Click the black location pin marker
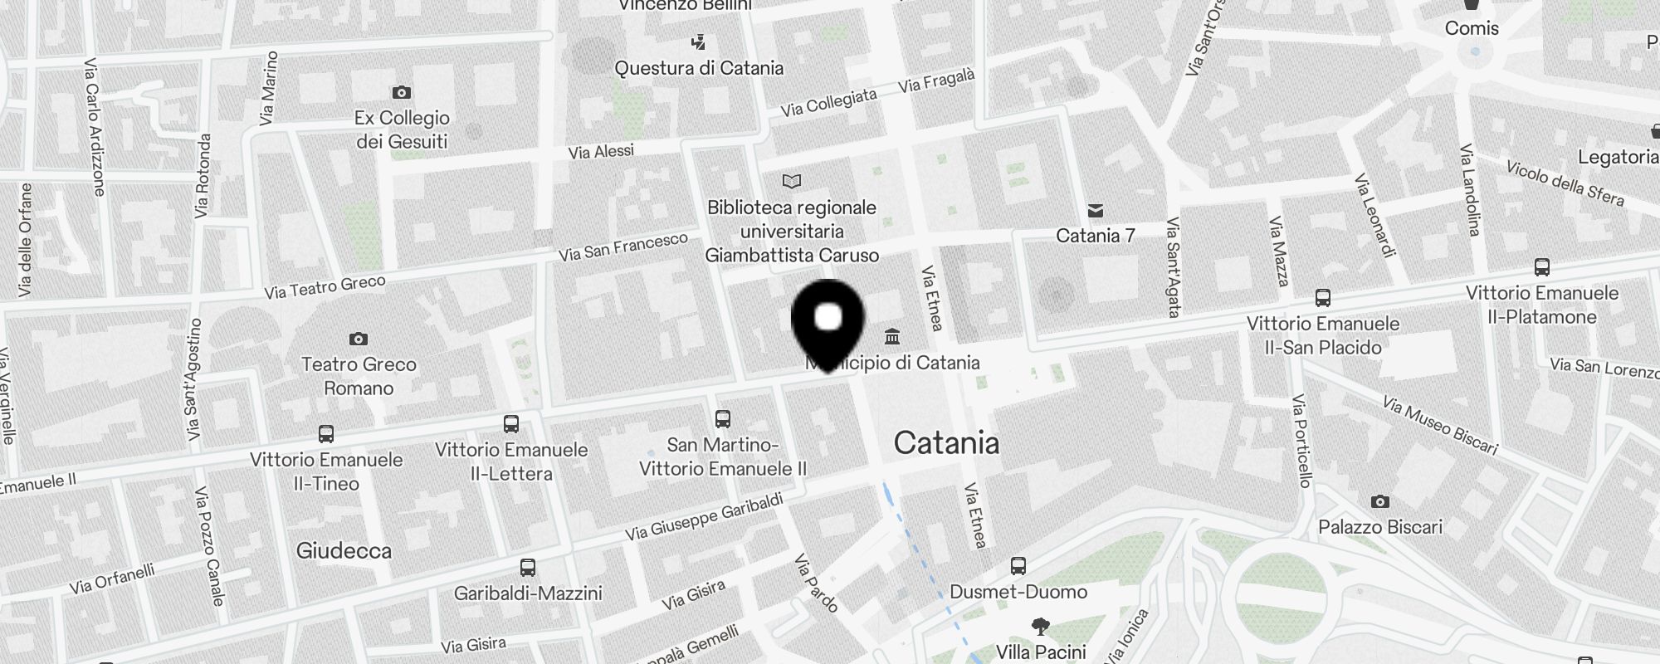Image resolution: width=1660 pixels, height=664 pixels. pos(828,324)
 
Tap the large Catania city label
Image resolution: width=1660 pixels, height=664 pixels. pos(946,443)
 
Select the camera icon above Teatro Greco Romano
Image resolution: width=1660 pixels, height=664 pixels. pos(359,339)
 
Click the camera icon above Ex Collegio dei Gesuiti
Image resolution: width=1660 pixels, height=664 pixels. pos(402,92)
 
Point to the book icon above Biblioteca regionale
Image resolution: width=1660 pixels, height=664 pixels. pos(792,181)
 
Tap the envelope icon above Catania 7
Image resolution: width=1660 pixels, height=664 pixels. pos(1096,211)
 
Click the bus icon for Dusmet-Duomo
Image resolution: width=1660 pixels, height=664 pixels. pos(1018,566)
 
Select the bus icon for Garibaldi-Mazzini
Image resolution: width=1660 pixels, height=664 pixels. pos(528,568)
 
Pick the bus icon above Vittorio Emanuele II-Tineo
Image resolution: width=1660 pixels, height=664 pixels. pos(326,433)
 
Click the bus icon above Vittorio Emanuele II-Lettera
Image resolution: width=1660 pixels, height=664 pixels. pos(511,424)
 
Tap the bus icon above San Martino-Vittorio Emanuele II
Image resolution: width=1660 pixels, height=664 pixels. pos(723,419)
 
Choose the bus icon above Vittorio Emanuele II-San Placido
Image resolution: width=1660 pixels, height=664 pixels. pos(1323,298)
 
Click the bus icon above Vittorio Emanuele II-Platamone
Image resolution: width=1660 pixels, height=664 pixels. pos(1542,267)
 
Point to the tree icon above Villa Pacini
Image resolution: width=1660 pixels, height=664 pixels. pos(1040,626)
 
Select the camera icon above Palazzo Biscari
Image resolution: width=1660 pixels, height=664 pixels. pos(1380,501)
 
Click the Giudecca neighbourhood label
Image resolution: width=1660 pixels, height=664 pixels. pos(344,550)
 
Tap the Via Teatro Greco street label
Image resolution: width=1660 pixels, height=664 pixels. pos(325,286)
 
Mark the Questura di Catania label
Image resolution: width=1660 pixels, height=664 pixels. pos(699,68)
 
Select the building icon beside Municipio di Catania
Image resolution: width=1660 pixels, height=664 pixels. pos(892,337)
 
